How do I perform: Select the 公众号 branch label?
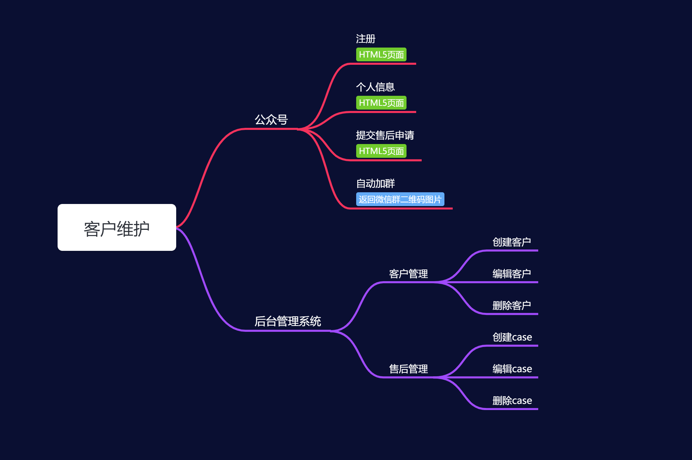pyautogui.click(x=271, y=120)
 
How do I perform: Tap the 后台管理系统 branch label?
pyautogui.click(x=288, y=321)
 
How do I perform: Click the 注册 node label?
pyautogui.click(x=365, y=39)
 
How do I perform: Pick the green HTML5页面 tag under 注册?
pyautogui.click(x=381, y=54)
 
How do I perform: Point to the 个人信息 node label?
pyautogui.click(x=375, y=87)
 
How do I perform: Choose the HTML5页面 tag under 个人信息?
pyautogui.click(x=381, y=103)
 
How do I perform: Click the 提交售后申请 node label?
pyautogui.click(x=385, y=135)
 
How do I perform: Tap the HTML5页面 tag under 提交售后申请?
pyautogui.click(x=381, y=151)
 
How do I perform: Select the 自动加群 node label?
pyautogui.click(x=375, y=183)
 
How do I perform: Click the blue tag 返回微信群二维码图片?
pyautogui.click(x=400, y=199)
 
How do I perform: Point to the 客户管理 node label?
pyautogui.click(x=408, y=274)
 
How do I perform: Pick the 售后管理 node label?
pyautogui.click(x=408, y=369)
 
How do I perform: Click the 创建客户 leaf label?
pyautogui.click(x=512, y=242)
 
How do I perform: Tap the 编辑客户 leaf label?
pyautogui.click(x=512, y=274)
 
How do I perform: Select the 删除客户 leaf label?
pyautogui.click(x=512, y=305)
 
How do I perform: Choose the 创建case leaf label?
pyautogui.click(x=512, y=337)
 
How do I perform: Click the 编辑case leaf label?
pyautogui.click(x=512, y=369)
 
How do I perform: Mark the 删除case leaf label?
pyautogui.click(x=512, y=400)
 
